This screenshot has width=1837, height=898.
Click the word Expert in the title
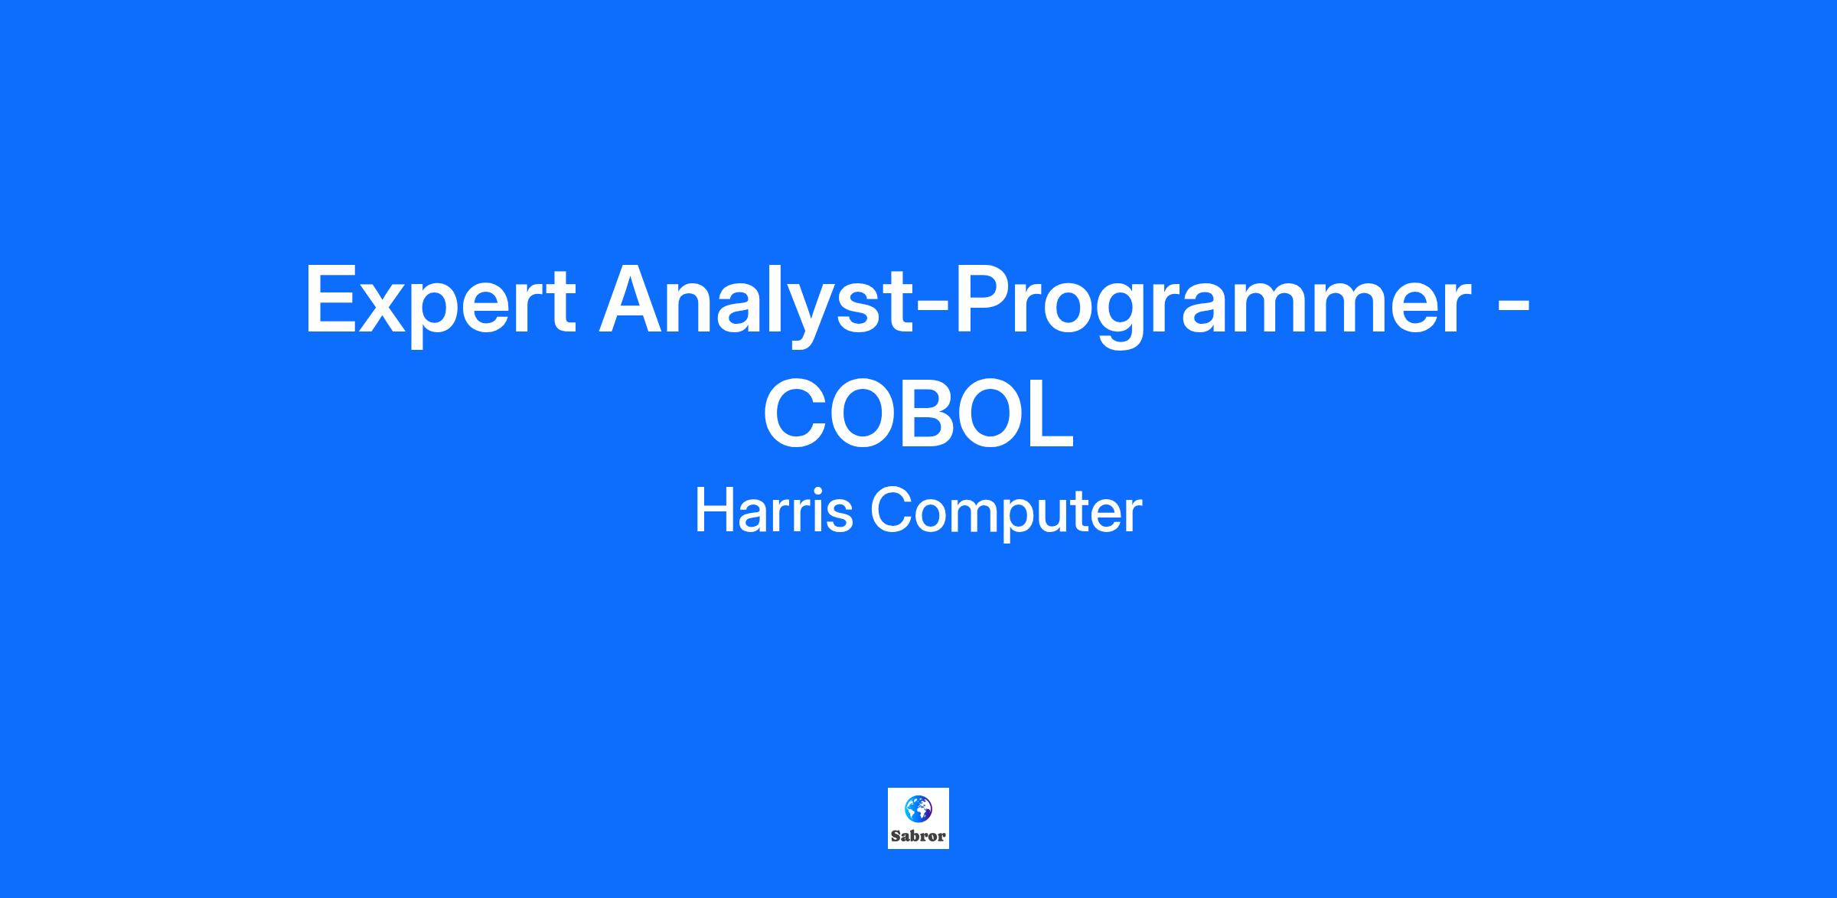tap(440, 301)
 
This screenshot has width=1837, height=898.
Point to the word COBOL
tap(918, 416)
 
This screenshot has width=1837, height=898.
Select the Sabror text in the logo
tap(918, 836)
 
